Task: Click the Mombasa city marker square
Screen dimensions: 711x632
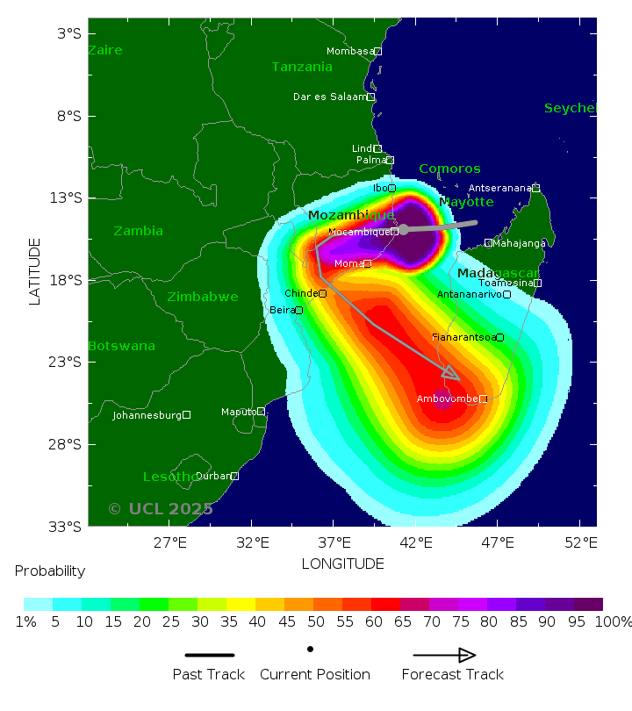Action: [377, 52]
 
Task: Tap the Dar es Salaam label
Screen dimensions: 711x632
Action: [329, 97]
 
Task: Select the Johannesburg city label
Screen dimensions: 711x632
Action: [147, 415]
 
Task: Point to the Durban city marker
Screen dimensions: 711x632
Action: [234, 476]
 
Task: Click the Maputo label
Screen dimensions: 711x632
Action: [238, 411]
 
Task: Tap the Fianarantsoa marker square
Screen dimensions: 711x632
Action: [499, 337]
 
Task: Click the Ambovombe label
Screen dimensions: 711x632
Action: [447, 399]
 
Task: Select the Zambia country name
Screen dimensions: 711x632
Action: [138, 231]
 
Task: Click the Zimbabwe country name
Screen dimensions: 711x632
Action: [202, 297]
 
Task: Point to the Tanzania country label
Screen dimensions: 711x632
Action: [302, 67]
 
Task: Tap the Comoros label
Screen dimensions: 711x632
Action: [449, 169]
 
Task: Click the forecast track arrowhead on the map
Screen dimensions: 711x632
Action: [450, 374]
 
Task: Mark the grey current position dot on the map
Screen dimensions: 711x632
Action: [404, 229]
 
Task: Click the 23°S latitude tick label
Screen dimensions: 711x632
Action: [68, 362]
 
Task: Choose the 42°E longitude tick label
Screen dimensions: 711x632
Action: [416, 542]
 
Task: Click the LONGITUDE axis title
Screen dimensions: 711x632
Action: [342, 564]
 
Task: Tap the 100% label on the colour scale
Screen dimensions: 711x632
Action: [613, 622]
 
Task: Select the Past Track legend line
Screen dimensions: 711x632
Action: [210, 655]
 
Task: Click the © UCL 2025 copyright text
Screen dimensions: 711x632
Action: [160, 509]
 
